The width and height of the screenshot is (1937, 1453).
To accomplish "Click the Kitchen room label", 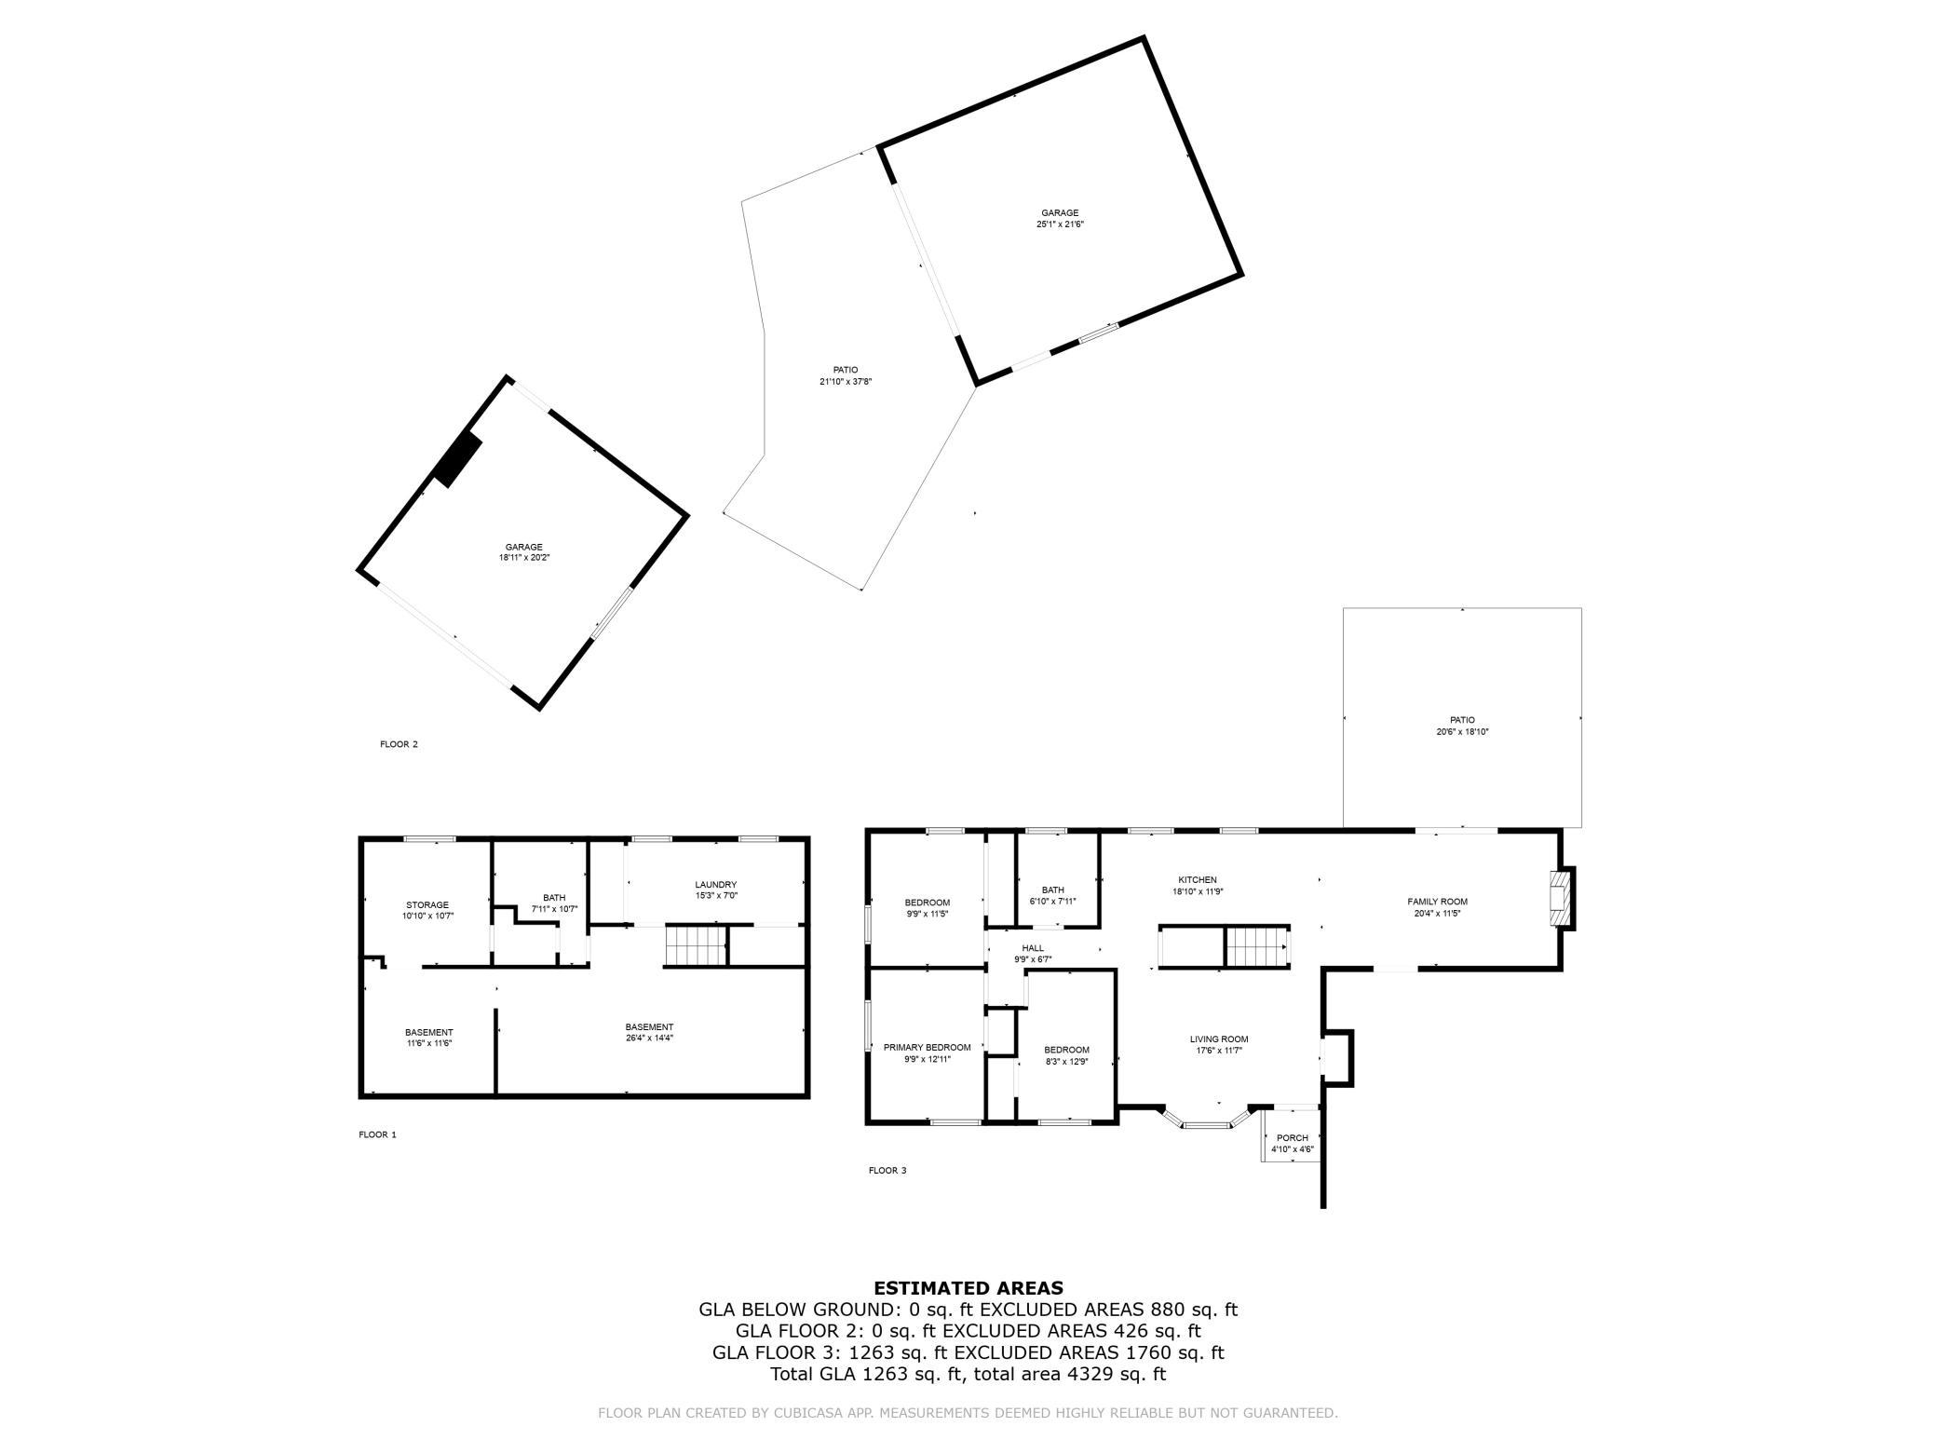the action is click(1197, 880).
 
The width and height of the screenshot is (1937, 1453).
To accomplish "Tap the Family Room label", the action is click(1437, 902).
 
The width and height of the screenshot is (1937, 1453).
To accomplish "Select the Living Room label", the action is click(1219, 1039).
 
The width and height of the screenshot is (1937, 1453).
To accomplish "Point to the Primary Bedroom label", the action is click(927, 1047).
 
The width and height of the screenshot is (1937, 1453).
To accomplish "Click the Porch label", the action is click(1293, 1138).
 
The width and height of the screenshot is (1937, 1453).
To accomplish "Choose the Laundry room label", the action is click(715, 885).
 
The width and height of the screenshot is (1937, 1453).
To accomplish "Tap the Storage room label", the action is click(427, 905).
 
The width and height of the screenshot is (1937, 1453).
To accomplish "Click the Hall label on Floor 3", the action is click(1033, 948).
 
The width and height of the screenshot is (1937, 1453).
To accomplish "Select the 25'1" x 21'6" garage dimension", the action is click(1060, 224).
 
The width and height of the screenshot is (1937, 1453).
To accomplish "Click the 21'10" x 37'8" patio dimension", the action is click(846, 381).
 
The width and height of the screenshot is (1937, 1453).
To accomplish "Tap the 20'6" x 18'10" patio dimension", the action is click(1462, 731).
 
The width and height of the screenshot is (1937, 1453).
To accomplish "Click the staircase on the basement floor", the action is click(695, 946).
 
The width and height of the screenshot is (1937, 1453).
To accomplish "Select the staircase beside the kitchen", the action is click(1256, 947).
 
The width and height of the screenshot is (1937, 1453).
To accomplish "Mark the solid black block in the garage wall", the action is click(458, 459).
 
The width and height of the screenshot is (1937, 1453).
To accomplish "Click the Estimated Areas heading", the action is click(968, 1289).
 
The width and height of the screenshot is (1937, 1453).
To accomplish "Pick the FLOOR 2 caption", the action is click(399, 744).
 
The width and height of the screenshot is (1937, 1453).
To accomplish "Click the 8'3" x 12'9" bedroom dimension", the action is click(1065, 1060).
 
